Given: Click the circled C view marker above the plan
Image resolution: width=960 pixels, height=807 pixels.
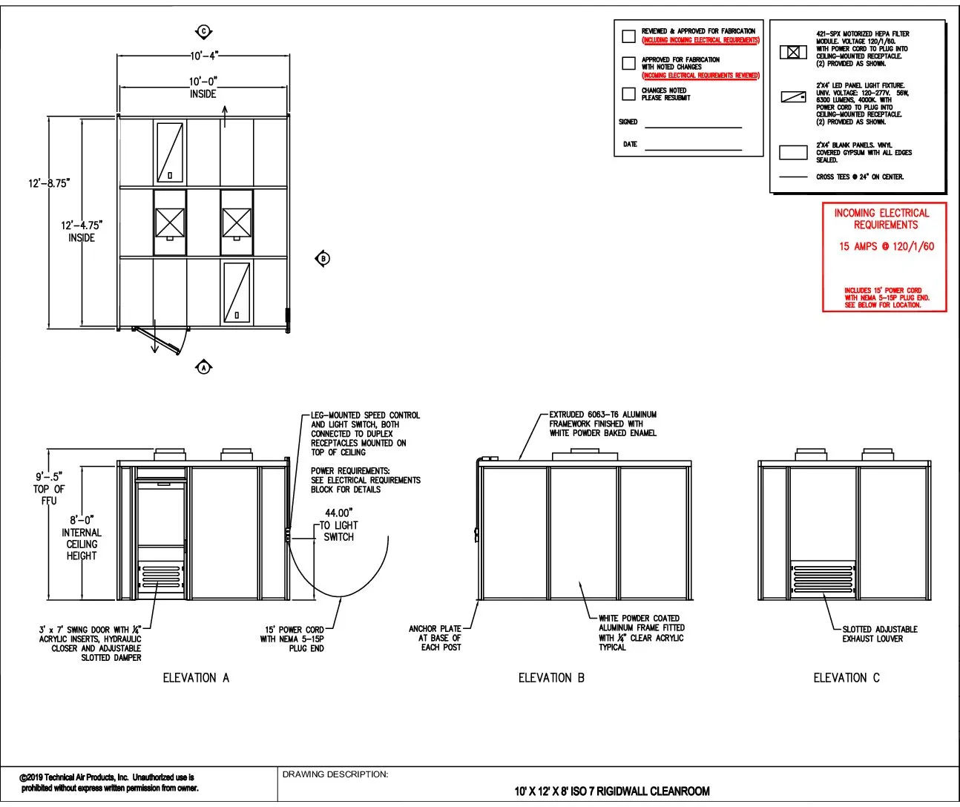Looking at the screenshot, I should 204,31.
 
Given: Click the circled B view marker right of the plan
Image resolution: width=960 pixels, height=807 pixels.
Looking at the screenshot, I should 323,258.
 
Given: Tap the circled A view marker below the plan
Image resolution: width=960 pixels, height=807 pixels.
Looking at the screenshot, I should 204,366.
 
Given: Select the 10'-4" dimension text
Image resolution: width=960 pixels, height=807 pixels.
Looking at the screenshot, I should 203,56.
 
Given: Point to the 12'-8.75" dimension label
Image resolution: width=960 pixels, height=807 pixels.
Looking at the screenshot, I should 50,183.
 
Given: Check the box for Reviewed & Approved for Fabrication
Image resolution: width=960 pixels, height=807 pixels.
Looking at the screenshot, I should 628,36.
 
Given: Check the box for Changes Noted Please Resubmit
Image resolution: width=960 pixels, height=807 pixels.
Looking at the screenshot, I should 628,93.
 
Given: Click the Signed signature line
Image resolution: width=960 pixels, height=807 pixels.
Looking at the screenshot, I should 693,126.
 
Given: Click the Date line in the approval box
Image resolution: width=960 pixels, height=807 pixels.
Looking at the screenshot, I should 693,148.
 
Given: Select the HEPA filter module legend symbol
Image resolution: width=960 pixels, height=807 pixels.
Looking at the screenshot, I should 793,52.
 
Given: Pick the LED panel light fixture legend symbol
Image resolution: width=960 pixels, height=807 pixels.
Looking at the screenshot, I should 793,97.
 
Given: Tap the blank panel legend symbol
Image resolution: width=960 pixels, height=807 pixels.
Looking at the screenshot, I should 793,153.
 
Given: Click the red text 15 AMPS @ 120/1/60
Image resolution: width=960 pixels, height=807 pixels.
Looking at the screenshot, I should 886,246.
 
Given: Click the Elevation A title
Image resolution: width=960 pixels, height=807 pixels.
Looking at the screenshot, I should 196,677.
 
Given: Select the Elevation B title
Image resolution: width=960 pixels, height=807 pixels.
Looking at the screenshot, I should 551,677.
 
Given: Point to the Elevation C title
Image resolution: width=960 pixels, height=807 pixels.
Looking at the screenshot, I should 846,677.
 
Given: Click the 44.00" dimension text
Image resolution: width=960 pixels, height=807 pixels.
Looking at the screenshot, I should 338,513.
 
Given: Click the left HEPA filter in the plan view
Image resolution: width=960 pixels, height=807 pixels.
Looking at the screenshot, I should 170,222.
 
